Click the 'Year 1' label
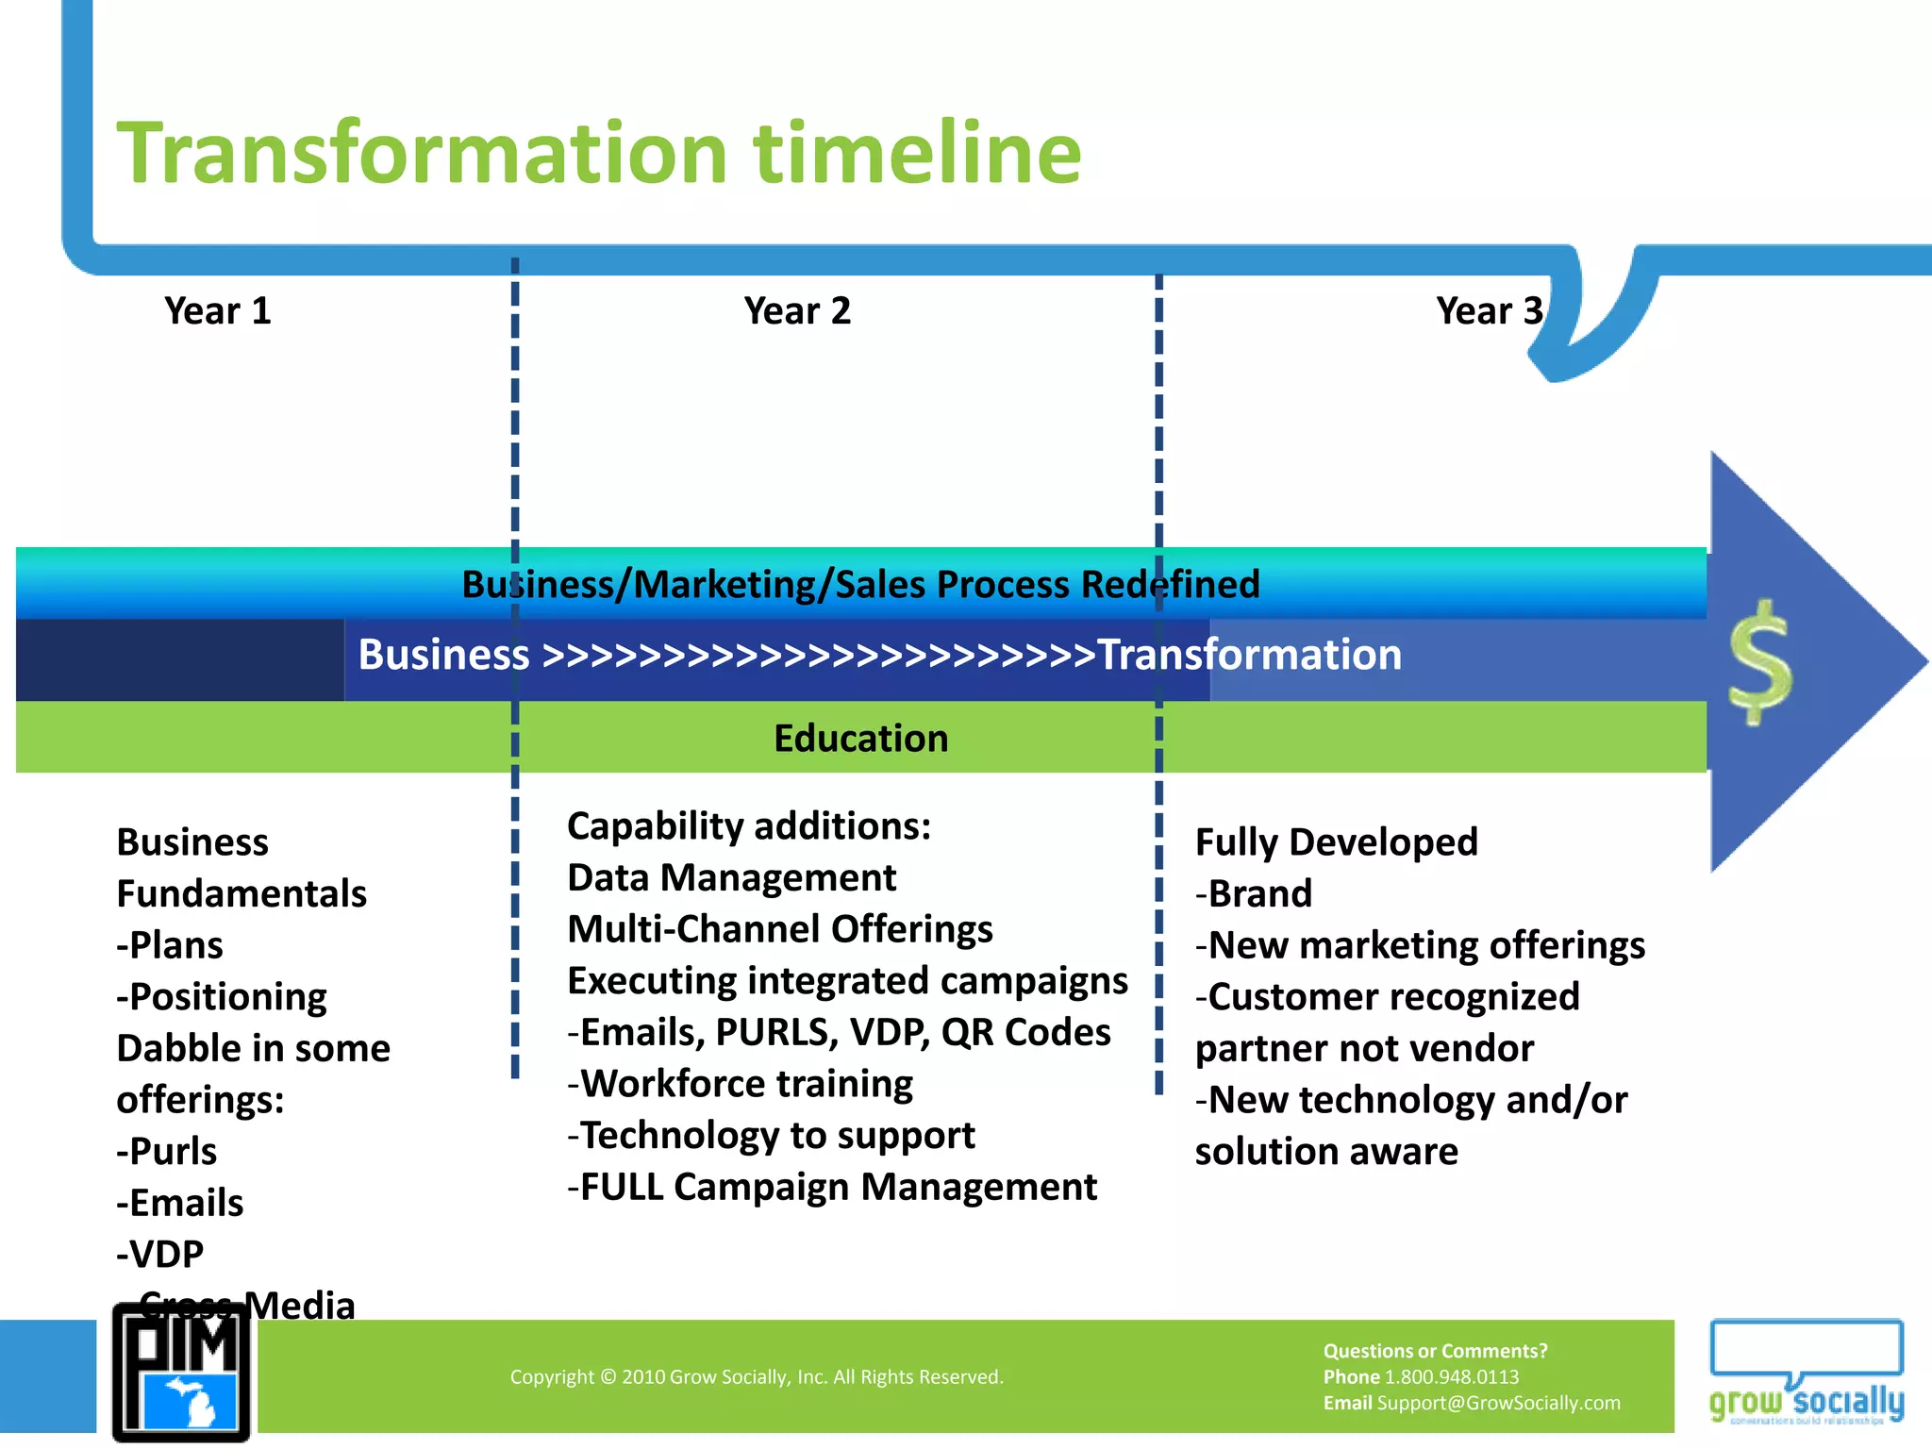(218, 311)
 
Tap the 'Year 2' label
(797, 311)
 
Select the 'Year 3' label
(1489, 311)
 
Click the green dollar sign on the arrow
(1760, 663)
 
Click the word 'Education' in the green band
(860, 739)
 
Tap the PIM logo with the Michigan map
(182, 1373)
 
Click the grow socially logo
(1806, 1373)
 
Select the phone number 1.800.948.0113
(1451, 1377)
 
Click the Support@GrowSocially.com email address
(1498, 1404)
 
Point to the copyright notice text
(757, 1377)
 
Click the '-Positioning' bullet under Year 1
(222, 997)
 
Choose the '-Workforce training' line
(741, 1084)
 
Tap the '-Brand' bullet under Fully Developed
(1254, 894)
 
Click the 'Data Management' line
(731, 878)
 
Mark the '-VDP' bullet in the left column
(160, 1255)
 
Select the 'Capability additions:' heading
(749, 826)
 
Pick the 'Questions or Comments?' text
(1435, 1351)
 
